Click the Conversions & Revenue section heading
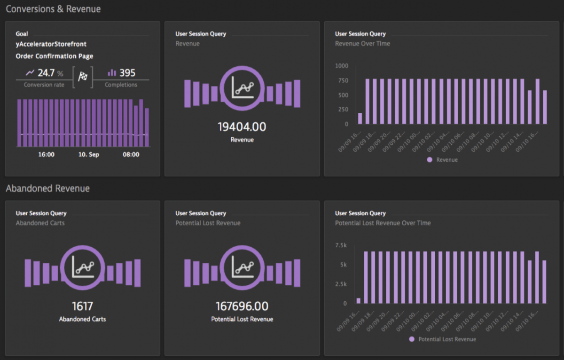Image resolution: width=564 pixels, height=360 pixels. click(x=53, y=9)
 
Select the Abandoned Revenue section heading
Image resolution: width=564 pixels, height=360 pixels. click(x=47, y=188)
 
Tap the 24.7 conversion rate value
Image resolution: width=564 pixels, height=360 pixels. click(x=46, y=73)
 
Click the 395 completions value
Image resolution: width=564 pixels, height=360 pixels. click(x=127, y=73)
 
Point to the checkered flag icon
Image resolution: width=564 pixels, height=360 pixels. click(x=83, y=77)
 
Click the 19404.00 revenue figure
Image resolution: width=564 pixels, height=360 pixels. click(x=242, y=127)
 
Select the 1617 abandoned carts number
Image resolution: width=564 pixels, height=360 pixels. click(x=82, y=306)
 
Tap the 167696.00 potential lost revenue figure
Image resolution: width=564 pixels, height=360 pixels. click(x=242, y=306)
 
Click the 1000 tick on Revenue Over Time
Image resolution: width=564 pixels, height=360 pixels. click(x=342, y=66)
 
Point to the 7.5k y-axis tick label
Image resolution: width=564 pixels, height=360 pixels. click(x=341, y=245)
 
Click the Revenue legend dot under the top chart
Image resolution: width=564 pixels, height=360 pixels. click(x=430, y=160)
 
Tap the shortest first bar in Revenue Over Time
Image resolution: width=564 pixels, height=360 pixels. click(x=360, y=118)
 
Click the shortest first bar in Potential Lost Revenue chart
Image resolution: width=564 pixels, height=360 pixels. click(x=359, y=301)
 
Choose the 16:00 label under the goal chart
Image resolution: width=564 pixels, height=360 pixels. click(x=46, y=155)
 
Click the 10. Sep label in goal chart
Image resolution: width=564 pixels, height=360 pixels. click(x=88, y=155)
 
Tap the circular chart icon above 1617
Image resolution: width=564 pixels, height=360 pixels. click(x=82, y=267)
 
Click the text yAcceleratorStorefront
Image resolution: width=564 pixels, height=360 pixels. click(x=51, y=44)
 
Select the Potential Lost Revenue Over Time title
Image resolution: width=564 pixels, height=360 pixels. click(x=383, y=223)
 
